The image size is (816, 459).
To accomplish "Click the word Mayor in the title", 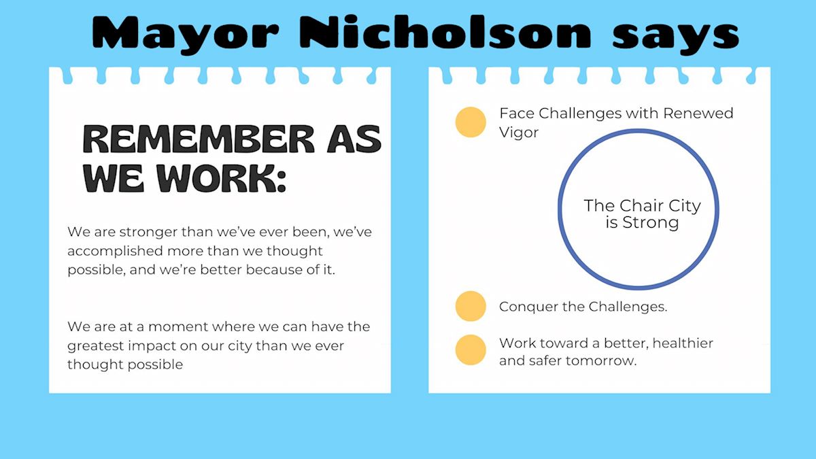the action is pos(186,34).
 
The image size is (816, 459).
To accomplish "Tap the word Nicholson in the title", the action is pos(445,31).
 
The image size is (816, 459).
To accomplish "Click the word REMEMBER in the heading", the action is pos(199,139).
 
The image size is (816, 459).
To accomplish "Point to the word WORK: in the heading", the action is pos(222,178).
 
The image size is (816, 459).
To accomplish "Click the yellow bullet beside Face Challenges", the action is pos(471,122).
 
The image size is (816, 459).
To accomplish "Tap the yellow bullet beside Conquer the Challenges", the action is pos(471,306).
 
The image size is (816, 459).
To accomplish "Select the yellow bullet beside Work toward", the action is pos(471,350).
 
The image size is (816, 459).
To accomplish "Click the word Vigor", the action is pos(519,133).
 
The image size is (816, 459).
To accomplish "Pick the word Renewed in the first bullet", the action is pos(698,114).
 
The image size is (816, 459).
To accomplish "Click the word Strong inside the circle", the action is pos(651,222).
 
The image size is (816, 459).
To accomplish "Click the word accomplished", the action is pos(115,252).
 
